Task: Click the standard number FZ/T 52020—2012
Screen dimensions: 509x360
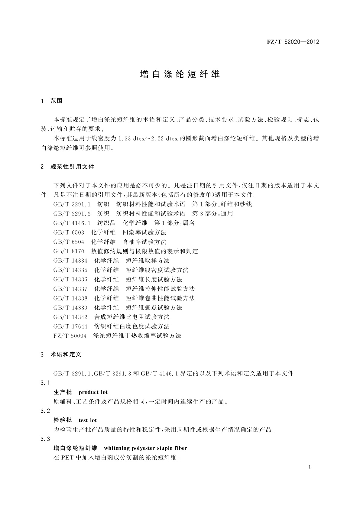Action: click(x=293, y=42)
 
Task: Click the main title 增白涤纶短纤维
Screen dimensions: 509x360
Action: click(x=180, y=74)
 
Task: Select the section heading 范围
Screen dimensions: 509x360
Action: click(x=56, y=101)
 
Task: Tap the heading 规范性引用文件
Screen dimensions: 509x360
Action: click(x=72, y=167)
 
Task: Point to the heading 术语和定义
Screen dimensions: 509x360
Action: click(x=66, y=354)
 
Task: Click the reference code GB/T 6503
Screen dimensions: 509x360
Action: click(x=69, y=232)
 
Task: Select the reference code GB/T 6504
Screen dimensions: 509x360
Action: click(x=69, y=242)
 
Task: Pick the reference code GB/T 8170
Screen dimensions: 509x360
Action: click(x=69, y=251)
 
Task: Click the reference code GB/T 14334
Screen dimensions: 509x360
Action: click(x=70, y=261)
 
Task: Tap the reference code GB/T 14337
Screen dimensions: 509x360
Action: click(x=70, y=289)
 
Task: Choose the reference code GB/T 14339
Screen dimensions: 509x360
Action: click(x=70, y=307)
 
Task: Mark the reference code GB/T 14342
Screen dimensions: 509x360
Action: click(x=70, y=317)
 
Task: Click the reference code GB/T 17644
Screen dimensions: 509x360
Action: click(x=70, y=326)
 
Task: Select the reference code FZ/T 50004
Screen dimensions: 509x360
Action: click(x=70, y=336)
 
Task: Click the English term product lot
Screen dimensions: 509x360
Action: click(x=93, y=392)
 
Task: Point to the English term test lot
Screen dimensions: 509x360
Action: click(x=88, y=420)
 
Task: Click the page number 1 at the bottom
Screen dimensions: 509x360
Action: click(x=310, y=467)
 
